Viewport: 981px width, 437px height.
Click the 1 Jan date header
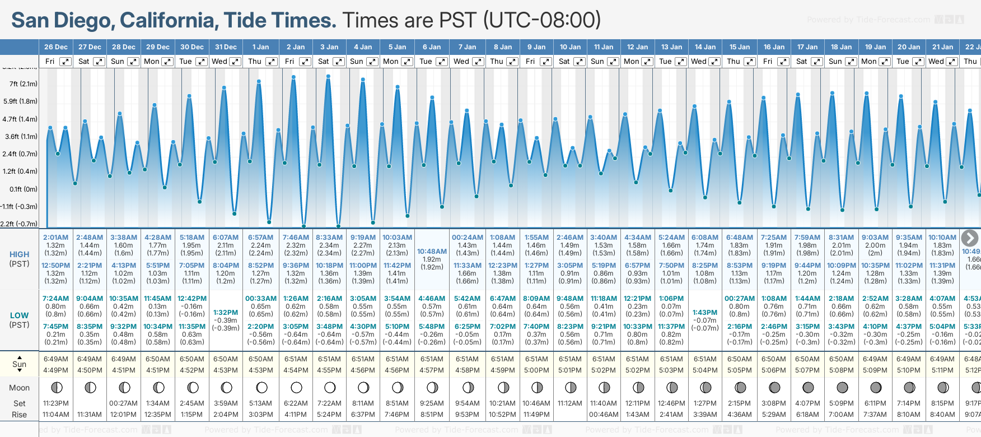[260, 47]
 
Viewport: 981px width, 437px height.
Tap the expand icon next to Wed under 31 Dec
[235, 62]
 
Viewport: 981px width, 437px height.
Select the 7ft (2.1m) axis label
[24, 84]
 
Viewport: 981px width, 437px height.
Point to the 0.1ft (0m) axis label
[24, 189]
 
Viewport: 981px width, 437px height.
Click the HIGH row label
[19, 254]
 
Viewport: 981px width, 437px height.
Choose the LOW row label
[19, 316]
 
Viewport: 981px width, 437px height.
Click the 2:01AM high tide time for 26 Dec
[55, 238]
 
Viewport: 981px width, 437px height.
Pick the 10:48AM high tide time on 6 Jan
[432, 252]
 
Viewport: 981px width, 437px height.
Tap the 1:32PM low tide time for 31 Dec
[226, 313]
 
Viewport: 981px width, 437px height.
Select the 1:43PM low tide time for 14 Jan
[705, 313]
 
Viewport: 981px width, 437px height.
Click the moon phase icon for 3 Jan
[330, 387]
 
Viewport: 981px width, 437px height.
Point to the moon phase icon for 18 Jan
[842, 387]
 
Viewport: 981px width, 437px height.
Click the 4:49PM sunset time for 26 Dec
[55, 370]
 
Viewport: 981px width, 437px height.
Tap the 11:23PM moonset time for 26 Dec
[55, 403]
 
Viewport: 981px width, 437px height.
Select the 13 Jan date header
[671, 47]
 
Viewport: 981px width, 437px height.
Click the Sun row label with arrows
[19, 364]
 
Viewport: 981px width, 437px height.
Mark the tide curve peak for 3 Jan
[328, 75]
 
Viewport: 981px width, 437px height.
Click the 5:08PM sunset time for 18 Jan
[842, 370]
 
